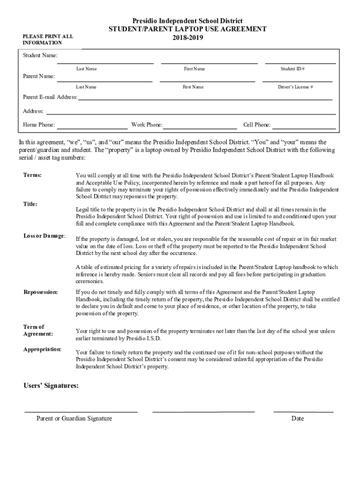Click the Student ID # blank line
300,63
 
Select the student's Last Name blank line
105,63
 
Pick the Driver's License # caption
295,87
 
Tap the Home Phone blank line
92,128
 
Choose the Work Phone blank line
200,128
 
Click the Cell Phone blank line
304,128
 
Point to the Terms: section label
32,175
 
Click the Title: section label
30,204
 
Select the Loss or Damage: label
44,235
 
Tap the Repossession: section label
41,292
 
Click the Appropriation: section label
42,349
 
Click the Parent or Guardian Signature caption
74,418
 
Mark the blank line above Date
303,412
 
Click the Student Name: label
40,56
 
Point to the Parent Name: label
39,76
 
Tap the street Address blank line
191,114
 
